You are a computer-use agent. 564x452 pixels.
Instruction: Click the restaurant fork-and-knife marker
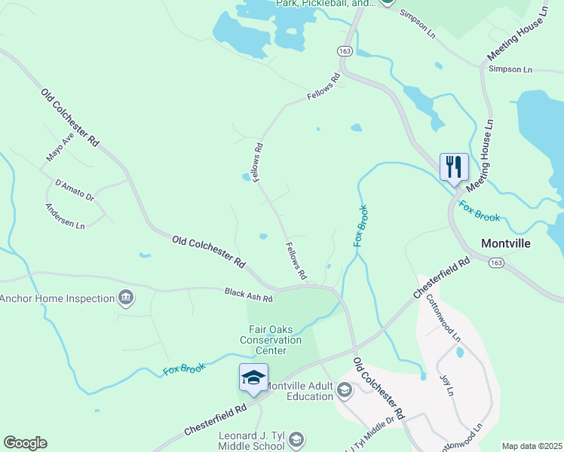[454, 166]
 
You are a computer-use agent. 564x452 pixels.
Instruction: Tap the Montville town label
[506, 243]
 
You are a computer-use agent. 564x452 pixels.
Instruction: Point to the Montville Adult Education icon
[345, 389]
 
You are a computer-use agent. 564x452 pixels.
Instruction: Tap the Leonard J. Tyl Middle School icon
[297, 439]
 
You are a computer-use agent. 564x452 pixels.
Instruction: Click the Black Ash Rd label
[248, 295]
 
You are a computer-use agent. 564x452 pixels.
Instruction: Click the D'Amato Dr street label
[74, 190]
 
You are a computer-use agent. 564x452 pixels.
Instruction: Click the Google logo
[25, 443]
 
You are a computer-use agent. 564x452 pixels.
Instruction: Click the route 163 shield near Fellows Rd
[345, 50]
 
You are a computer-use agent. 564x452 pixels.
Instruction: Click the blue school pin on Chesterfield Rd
[253, 377]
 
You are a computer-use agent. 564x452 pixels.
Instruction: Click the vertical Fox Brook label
[360, 226]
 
